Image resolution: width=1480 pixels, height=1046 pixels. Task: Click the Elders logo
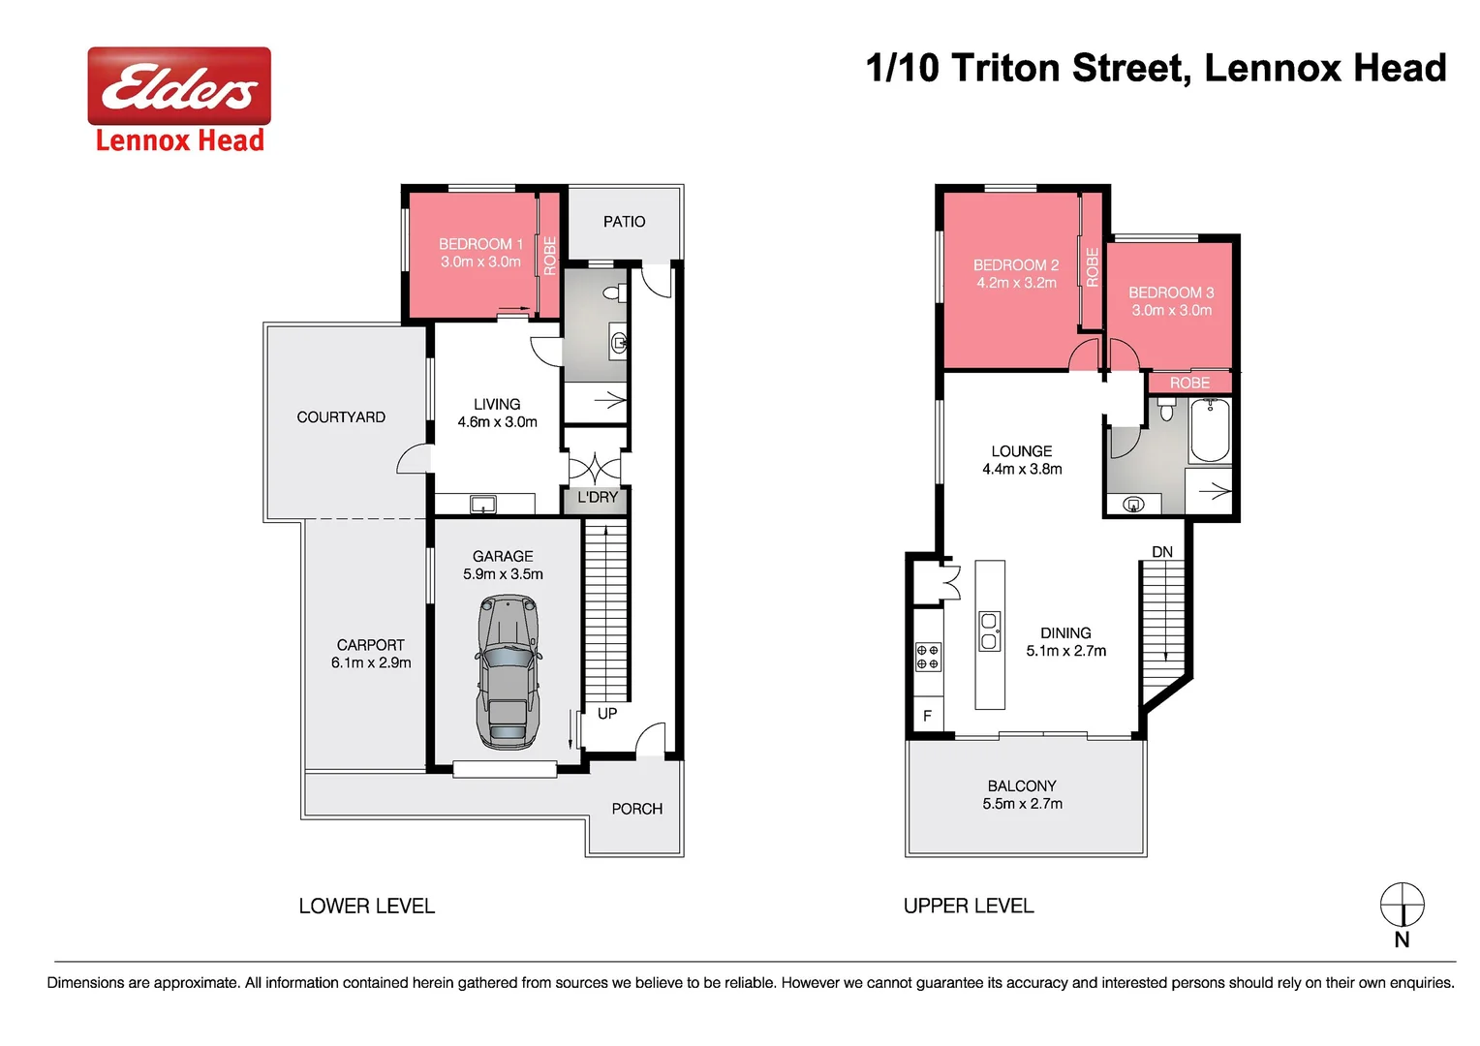[x=179, y=87]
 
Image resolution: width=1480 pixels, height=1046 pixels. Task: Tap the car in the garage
[x=507, y=671]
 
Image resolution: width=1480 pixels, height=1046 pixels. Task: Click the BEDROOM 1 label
[x=480, y=244]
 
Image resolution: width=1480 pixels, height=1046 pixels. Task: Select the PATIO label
[x=624, y=222]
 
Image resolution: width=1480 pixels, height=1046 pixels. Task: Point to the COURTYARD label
[x=341, y=417]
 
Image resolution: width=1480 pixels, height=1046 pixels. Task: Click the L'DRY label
[x=598, y=497]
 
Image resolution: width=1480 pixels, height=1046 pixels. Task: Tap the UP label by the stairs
[x=607, y=714]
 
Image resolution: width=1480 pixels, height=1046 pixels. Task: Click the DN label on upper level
[x=1162, y=552]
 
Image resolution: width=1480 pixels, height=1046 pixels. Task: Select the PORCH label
[x=636, y=809]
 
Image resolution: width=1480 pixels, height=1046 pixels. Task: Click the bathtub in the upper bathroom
[x=1210, y=431]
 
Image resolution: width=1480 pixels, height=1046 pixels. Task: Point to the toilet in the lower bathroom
[x=612, y=292]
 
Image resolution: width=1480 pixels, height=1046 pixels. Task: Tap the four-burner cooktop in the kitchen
[x=928, y=657]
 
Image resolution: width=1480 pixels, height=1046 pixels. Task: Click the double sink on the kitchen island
[x=989, y=631]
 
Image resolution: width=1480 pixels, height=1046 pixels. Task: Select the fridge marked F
[x=927, y=716]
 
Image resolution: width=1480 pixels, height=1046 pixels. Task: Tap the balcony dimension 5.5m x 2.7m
[x=1022, y=804]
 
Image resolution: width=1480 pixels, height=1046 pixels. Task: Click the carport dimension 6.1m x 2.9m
[x=371, y=662]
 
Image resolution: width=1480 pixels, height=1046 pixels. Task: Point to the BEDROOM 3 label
[x=1171, y=292]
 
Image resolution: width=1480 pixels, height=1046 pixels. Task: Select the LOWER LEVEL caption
[x=367, y=907]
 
